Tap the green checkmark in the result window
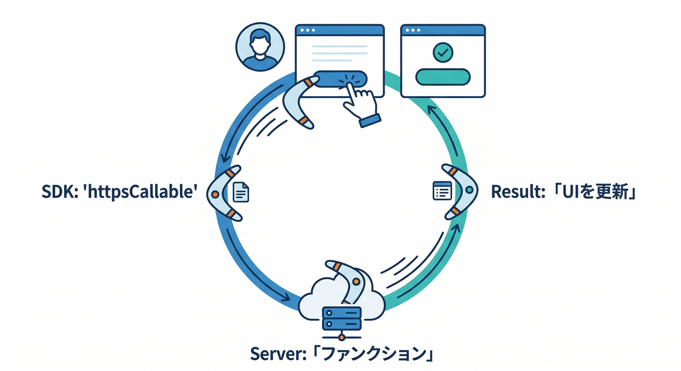(x=443, y=52)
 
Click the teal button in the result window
(x=443, y=76)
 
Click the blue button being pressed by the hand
(x=329, y=79)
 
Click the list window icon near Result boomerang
(x=442, y=191)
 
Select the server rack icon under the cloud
(x=342, y=317)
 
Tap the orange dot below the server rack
(x=342, y=337)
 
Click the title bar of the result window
(x=443, y=30)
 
